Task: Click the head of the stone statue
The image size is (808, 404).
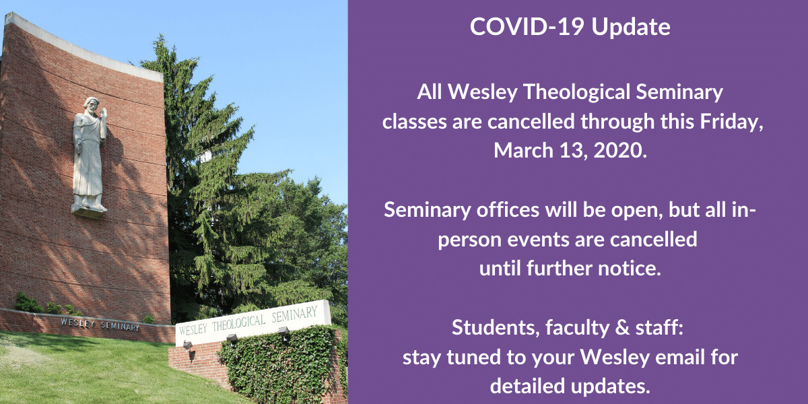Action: click(91, 106)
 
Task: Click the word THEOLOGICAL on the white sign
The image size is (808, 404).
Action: click(238, 323)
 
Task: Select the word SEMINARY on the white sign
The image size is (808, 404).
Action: click(294, 314)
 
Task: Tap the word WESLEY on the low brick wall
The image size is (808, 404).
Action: click(78, 323)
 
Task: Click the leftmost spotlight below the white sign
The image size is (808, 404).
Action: click(188, 345)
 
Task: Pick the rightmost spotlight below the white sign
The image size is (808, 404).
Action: click(283, 331)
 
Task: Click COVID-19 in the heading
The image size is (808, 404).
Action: click(527, 26)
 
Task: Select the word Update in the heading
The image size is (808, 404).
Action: click(631, 27)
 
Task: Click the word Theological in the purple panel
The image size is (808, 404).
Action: click(576, 92)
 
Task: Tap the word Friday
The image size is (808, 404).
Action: click(731, 122)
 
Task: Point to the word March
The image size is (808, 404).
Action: click(523, 150)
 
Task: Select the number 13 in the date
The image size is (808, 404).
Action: click(574, 151)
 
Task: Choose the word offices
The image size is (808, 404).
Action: click(508, 210)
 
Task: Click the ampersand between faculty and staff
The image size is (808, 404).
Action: click(622, 328)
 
